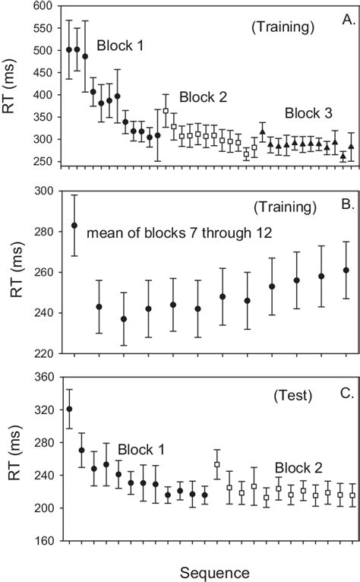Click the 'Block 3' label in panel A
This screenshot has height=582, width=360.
(x=308, y=113)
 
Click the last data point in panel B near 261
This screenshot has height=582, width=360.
(x=346, y=270)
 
